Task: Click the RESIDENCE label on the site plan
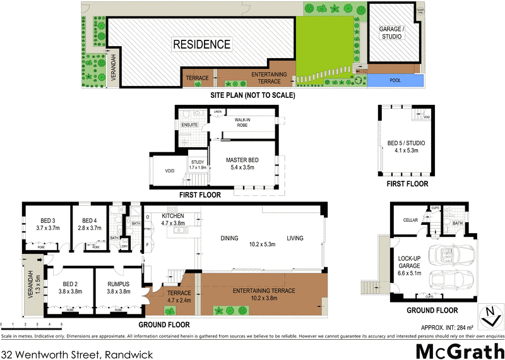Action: [x=202, y=44]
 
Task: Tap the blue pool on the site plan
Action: [x=395, y=81]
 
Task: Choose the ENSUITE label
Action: [x=190, y=125]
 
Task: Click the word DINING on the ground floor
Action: [x=229, y=238]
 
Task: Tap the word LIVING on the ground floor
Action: [x=295, y=238]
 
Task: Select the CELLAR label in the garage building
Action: [x=412, y=219]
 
